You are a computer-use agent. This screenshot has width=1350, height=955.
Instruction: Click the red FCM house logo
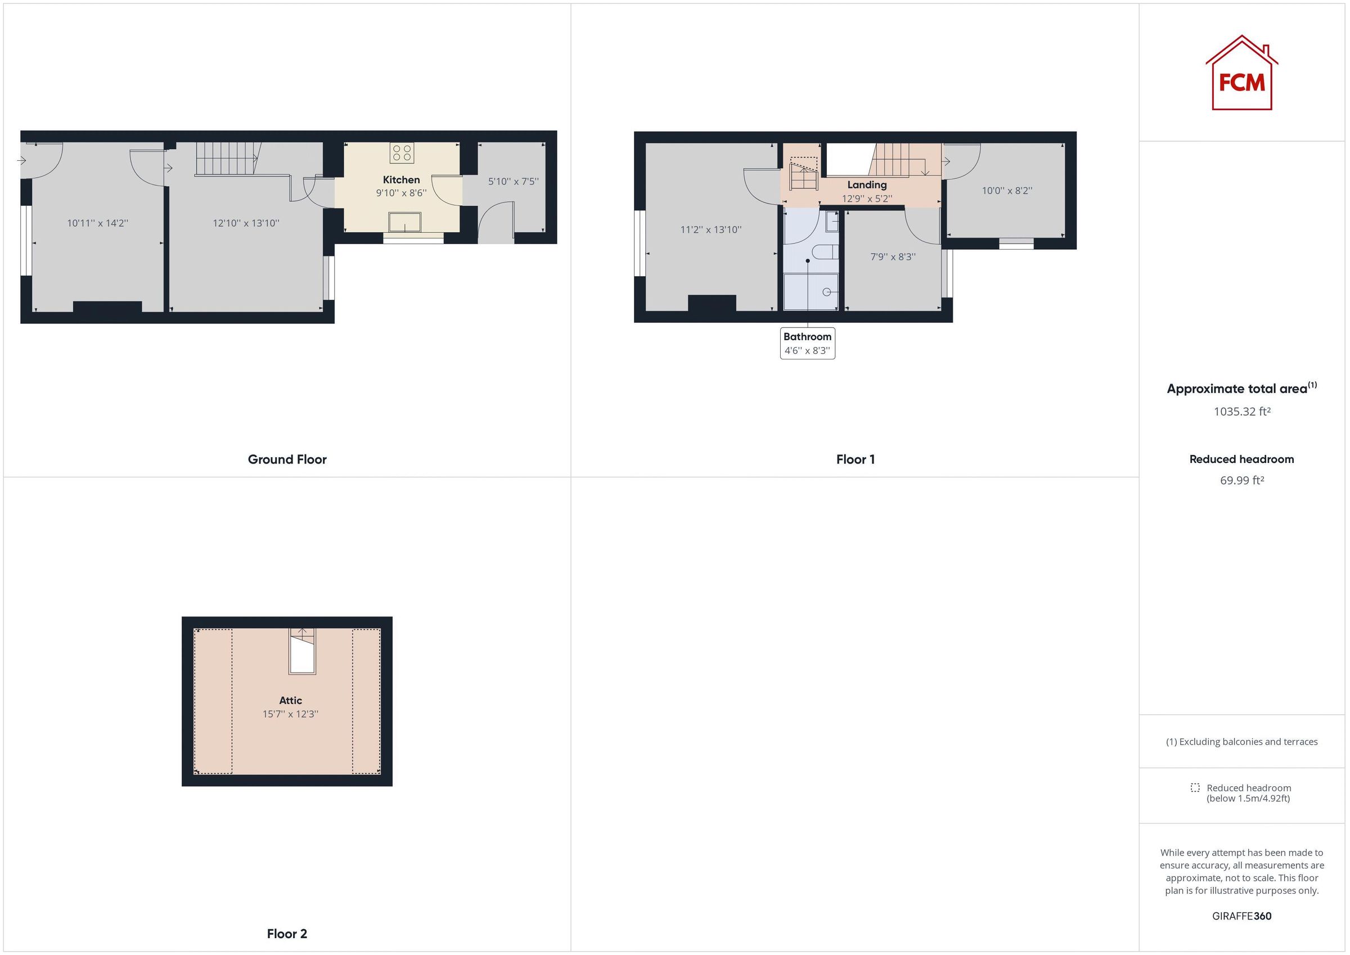[x=1241, y=74]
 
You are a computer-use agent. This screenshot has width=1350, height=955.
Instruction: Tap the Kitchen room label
[x=401, y=180]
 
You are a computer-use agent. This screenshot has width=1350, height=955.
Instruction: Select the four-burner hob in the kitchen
[x=402, y=153]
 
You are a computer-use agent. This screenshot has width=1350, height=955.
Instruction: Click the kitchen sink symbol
[x=404, y=222]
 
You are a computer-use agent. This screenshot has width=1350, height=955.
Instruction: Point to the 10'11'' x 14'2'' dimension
[x=98, y=223]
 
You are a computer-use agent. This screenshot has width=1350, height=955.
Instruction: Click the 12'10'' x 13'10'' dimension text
[x=246, y=223]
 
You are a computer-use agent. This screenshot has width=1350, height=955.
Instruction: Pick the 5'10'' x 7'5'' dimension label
[x=512, y=182]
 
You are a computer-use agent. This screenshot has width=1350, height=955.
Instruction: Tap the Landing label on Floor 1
[x=867, y=185]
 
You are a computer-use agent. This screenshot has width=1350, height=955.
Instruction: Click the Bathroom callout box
[x=807, y=344]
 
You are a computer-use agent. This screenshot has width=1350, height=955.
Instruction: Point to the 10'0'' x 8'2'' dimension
[x=1007, y=191]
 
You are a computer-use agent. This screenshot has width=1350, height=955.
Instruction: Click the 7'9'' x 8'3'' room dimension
[x=893, y=257]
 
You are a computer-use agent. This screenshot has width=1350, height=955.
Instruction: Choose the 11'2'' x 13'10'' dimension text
[x=710, y=230]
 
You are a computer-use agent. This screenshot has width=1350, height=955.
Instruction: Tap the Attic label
[x=290, y=700]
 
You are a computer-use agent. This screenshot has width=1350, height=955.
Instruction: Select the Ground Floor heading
[x=287, y=460]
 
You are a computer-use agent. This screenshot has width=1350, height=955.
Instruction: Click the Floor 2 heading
[x=287, y=934]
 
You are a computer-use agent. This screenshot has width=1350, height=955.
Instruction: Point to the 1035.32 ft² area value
[x=1242, y=412]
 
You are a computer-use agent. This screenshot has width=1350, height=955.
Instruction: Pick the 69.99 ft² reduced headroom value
[x=1242, y=480]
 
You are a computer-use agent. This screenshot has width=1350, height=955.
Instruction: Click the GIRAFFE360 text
[x=1242, y=916]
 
